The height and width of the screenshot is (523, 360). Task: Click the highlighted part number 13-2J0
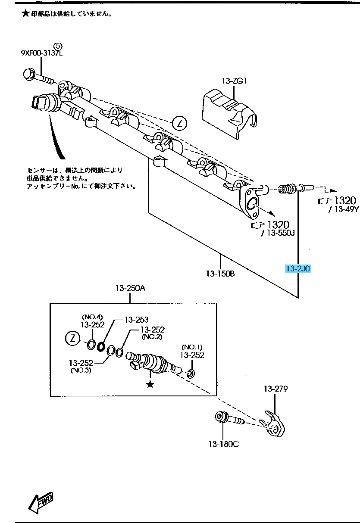coord(298,269)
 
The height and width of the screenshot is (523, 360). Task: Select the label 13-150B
coord(220,273)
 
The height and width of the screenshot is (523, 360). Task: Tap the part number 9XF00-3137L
coord(41,53)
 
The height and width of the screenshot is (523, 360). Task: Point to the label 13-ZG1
coord(235,81)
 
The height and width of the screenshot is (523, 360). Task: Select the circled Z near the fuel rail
coord(179,124)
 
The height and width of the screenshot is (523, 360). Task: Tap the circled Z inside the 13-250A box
coord(72,339)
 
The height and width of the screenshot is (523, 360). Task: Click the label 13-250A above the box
coord(130,288)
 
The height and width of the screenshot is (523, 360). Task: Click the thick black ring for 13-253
coord(102,346)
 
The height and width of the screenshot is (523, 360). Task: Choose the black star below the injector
coord(150,384)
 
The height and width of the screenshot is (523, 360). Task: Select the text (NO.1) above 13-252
coord(192,347)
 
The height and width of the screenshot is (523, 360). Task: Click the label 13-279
coord(275,389)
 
